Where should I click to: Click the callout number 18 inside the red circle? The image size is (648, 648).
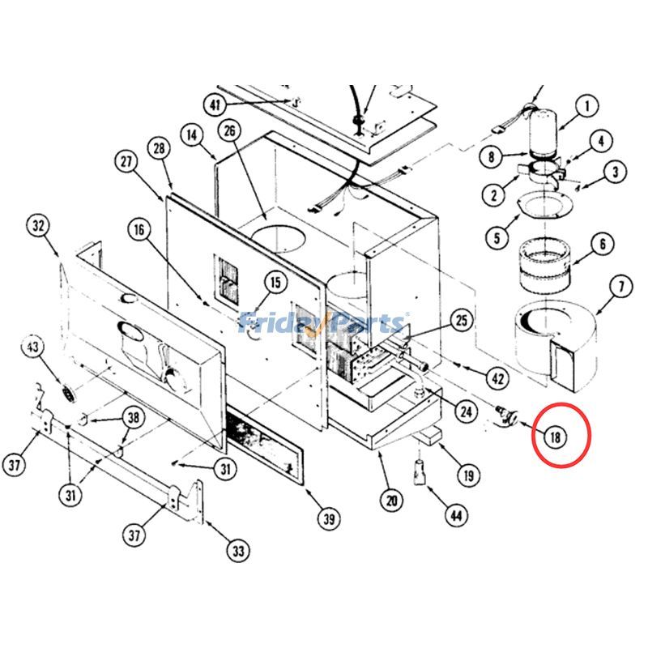click(x=555, y=437)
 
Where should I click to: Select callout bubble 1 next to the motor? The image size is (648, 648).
click(x=587, y=105)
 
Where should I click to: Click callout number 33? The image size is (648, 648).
click(x=237, y=552)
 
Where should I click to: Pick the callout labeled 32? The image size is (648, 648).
click(x=38, y=227)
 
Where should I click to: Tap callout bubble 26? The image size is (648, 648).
click(x=229, y=130)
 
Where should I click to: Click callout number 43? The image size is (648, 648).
click(x=33, y=347)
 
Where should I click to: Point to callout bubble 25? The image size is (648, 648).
click(x=461, y=322)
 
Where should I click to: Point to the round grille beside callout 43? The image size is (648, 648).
click(x=65, y=394)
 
